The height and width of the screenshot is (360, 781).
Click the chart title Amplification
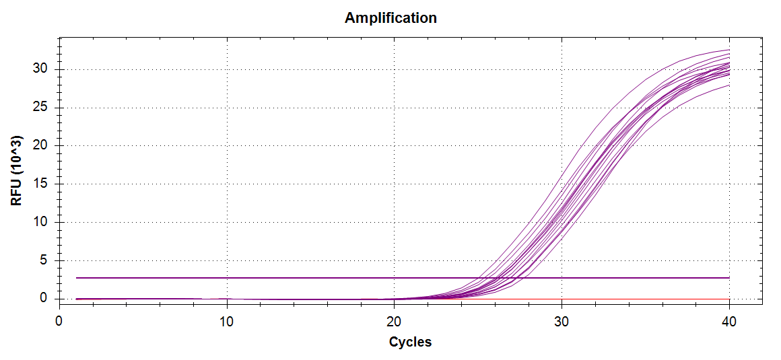[390, 18]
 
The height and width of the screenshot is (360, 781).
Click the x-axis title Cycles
[410, 342]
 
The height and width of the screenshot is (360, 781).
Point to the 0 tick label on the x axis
[59, 322]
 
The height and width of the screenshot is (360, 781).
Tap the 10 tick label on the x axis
[227, 322]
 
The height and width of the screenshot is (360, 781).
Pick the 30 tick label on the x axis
[562, 322]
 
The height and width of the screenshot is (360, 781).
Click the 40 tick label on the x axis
[729, 322]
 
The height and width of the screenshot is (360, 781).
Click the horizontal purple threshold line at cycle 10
[227, 277]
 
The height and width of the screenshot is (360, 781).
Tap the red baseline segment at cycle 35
[645, 299]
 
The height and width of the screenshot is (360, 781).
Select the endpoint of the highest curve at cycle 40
[729, 50]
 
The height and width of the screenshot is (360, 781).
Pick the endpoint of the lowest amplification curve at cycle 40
[729, 84]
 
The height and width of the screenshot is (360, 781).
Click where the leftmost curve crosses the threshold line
[479, 277]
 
